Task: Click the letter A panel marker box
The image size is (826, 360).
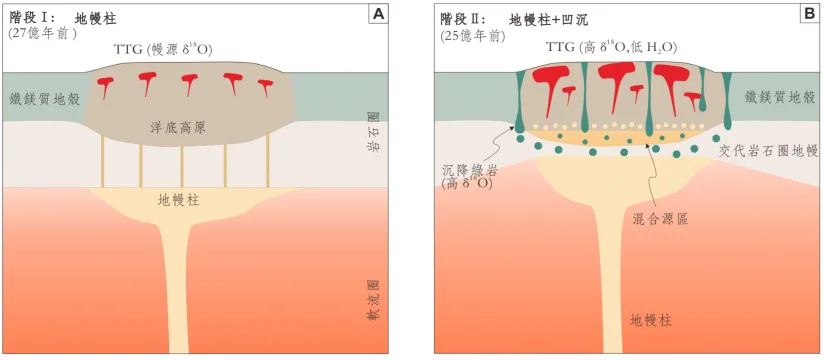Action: [378, 15]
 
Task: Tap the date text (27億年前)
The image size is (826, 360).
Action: [42, 32]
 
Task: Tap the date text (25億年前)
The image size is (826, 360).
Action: [473, 33]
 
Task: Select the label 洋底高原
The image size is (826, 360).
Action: [178, 127]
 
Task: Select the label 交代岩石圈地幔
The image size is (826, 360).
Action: [769, 151]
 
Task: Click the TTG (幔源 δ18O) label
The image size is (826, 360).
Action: [163, 50]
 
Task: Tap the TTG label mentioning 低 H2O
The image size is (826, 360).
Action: [611, 47]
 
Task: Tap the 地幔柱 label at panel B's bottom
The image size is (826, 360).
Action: [651, 320]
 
